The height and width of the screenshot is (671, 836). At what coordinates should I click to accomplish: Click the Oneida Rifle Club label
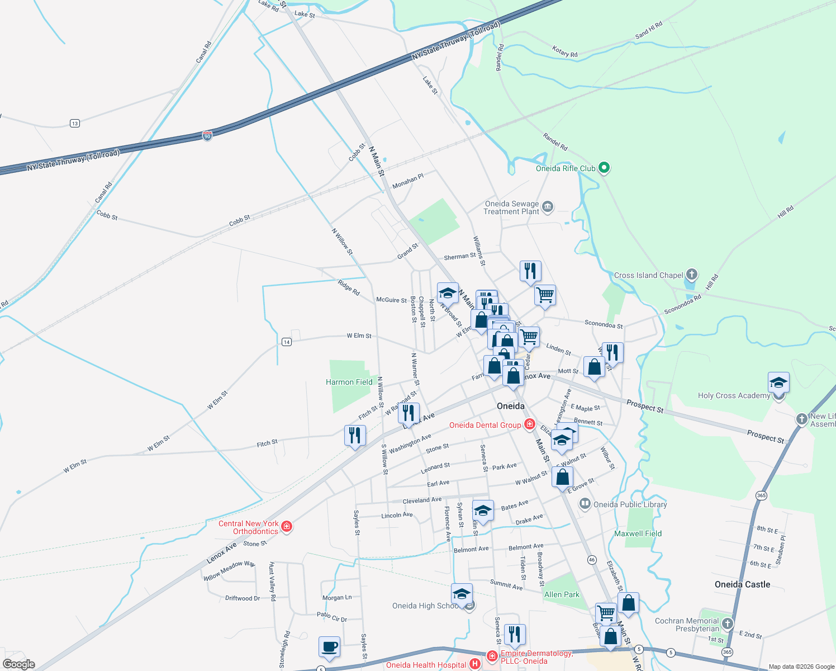(x=566, y=168)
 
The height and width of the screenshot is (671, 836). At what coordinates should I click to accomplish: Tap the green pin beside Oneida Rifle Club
(x=604, y=167)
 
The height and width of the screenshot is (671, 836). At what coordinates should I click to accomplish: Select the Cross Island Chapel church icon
(x=692, y=275)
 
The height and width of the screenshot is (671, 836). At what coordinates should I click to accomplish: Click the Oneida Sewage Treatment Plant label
(x=511, y=207)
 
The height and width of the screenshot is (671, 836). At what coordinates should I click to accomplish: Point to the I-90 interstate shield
(x=207, y=136)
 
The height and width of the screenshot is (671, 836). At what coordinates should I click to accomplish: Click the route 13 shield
(x=75, y=123)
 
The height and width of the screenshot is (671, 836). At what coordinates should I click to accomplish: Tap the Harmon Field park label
(x=349, y=382)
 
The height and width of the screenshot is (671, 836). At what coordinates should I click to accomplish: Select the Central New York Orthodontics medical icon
(x=287, y=526)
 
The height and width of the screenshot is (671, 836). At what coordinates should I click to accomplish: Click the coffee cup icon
(x=329, y=646)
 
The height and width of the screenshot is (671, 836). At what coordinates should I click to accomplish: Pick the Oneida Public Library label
(x=630, y=504)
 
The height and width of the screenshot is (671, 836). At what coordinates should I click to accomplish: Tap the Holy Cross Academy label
(x=734, y=395)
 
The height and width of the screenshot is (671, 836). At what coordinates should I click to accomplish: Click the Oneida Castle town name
(x=742, y=584)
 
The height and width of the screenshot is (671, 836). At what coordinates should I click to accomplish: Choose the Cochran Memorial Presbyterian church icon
(x=727, y=623)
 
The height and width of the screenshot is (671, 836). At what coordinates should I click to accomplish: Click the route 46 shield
(x=592, y=560)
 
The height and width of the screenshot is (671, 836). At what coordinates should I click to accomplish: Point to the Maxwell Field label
(x=638, y=533)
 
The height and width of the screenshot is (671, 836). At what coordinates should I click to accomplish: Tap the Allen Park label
(x=562, y=594)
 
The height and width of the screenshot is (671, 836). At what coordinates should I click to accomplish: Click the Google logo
(x=18, y=664)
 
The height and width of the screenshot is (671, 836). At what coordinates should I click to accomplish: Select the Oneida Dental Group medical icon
(x=529, y=424)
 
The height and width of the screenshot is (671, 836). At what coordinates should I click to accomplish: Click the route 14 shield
(x=287, y=342)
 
